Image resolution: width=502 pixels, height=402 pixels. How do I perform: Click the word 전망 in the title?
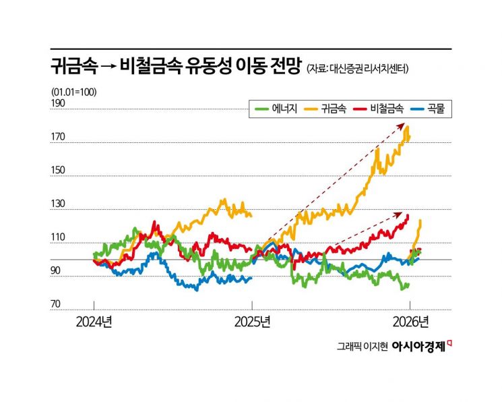click(283, 66)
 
